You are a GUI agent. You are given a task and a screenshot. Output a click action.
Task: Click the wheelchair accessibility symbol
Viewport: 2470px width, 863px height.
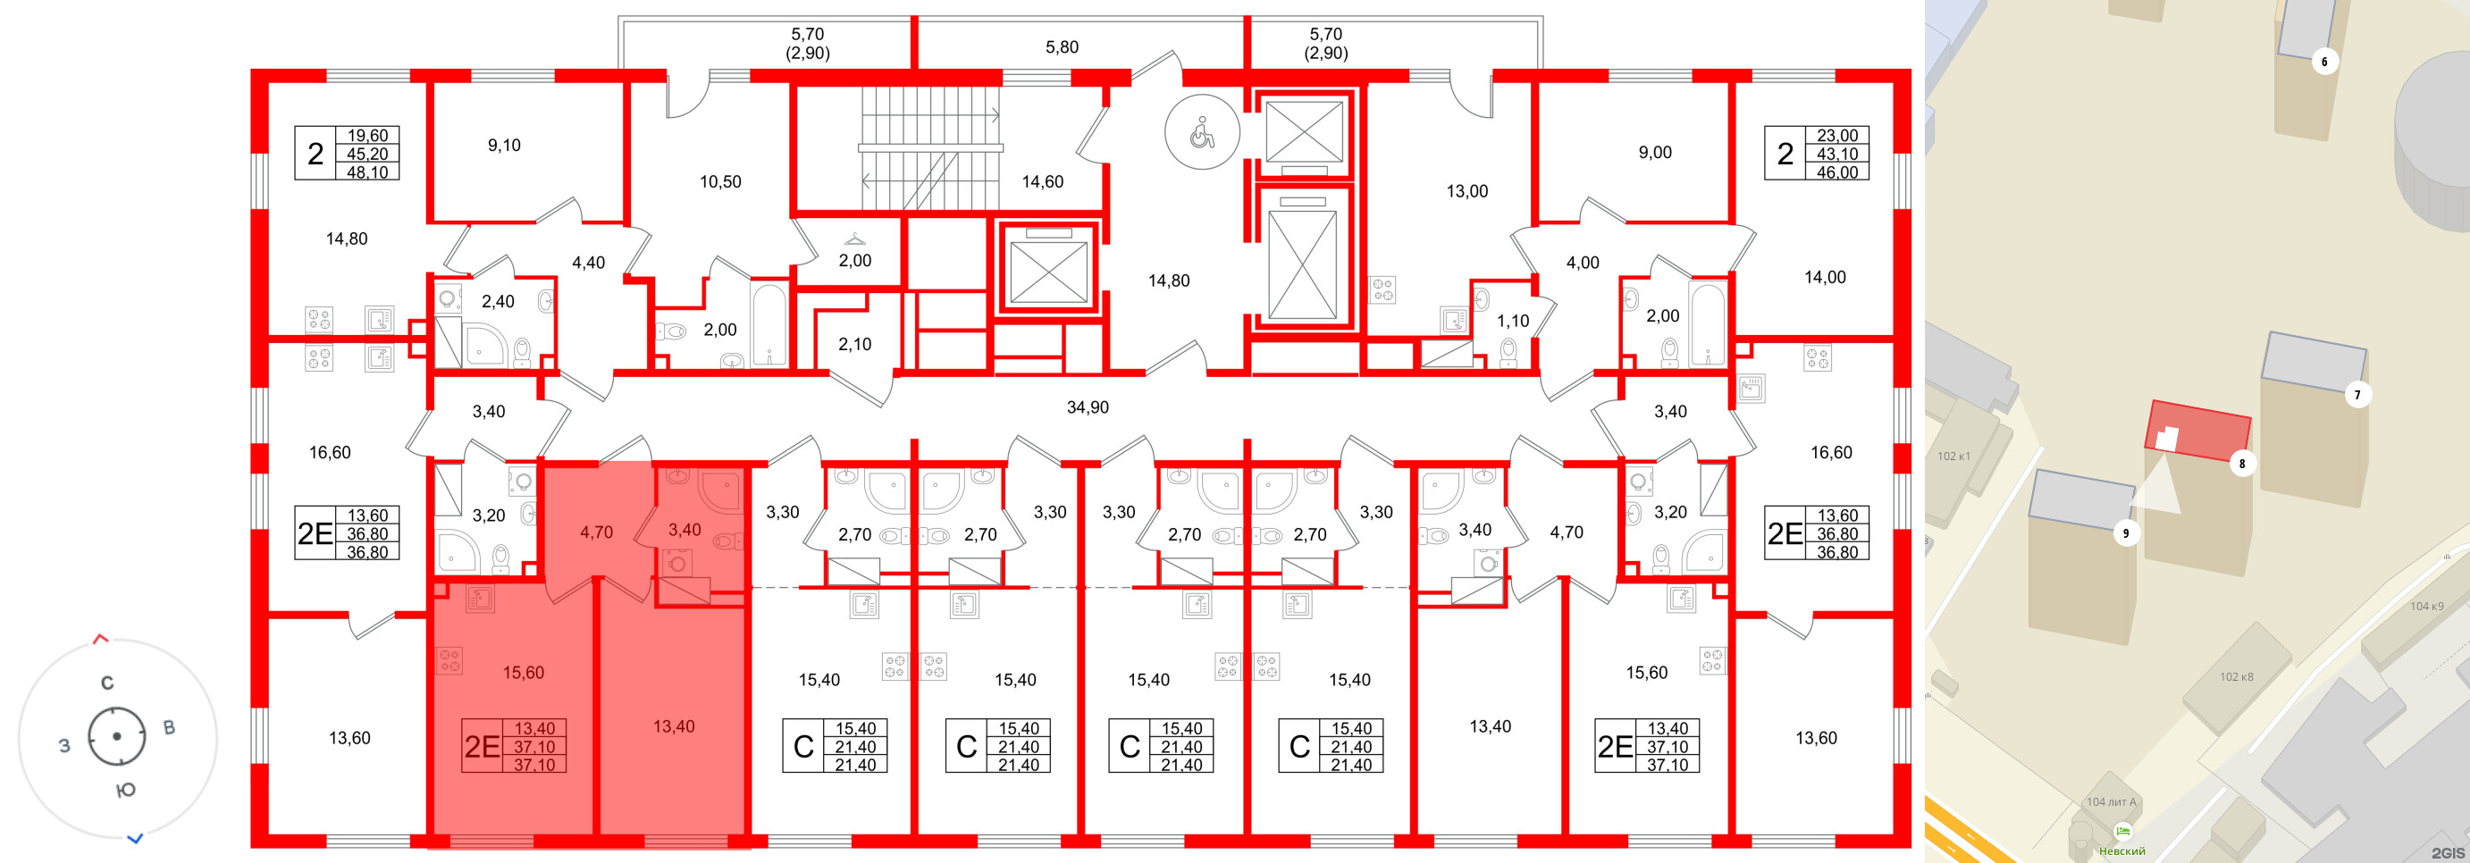(1201, 133)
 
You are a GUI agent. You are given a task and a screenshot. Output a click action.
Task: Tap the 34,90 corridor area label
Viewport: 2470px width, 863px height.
(1088, 407)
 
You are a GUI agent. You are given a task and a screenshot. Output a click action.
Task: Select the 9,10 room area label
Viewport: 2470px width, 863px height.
(503, 146)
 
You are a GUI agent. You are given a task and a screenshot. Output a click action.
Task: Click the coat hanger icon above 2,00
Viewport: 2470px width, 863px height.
(854, 239)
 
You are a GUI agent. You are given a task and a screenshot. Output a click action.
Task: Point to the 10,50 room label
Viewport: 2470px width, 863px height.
(720, 181)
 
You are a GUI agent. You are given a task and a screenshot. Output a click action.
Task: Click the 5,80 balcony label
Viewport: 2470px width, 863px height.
(1062, 47)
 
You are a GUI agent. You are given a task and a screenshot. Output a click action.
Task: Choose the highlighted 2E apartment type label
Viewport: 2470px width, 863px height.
(483, 746)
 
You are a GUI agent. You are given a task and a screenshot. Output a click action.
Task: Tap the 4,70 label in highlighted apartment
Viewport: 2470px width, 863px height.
(595, 532)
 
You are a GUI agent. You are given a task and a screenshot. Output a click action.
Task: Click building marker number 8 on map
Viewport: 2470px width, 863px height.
(2242, 464)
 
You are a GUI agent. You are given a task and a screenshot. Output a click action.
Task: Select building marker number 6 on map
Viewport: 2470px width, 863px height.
(2324, 63)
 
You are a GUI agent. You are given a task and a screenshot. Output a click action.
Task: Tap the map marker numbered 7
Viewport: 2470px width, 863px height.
(2357, 395)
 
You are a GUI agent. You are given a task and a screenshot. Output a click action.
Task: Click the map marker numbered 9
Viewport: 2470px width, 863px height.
(2126, 534)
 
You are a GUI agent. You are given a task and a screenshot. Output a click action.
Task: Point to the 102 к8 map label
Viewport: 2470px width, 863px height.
(2236, 677)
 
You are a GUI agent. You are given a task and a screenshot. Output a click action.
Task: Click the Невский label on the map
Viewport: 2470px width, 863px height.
(2122, 850)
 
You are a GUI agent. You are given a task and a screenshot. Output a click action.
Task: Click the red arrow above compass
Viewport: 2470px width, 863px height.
(101, 639)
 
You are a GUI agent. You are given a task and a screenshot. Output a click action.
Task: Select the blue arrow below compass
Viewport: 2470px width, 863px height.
(135, 838)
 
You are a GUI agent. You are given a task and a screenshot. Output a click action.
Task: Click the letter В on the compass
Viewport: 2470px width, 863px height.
(169, 728)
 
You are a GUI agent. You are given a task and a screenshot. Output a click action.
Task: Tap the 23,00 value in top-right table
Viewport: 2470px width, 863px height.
(1836, 136)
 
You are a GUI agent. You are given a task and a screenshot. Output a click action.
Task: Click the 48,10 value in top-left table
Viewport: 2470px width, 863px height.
(367, 172)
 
